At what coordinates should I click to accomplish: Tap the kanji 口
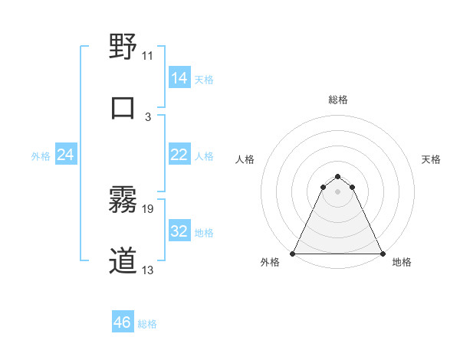123,107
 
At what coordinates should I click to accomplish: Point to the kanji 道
123,261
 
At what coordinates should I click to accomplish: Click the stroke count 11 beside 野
148,55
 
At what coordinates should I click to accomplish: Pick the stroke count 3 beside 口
148,116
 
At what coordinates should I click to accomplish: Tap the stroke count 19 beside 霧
148,208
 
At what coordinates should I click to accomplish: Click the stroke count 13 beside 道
148,270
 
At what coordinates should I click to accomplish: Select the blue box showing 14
179,78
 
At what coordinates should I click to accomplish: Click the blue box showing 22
179,155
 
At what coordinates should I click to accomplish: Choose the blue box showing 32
179,231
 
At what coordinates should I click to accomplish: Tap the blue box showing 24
66,155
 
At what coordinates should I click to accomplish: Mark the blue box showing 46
123,322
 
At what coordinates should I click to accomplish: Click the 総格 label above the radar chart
338,100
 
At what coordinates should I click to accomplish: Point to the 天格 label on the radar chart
431,159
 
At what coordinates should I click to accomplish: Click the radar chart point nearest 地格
382,254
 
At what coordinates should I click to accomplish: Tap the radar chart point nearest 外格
294,254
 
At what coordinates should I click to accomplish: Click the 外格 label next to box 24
41,156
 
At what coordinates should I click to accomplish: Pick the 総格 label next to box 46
147,324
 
